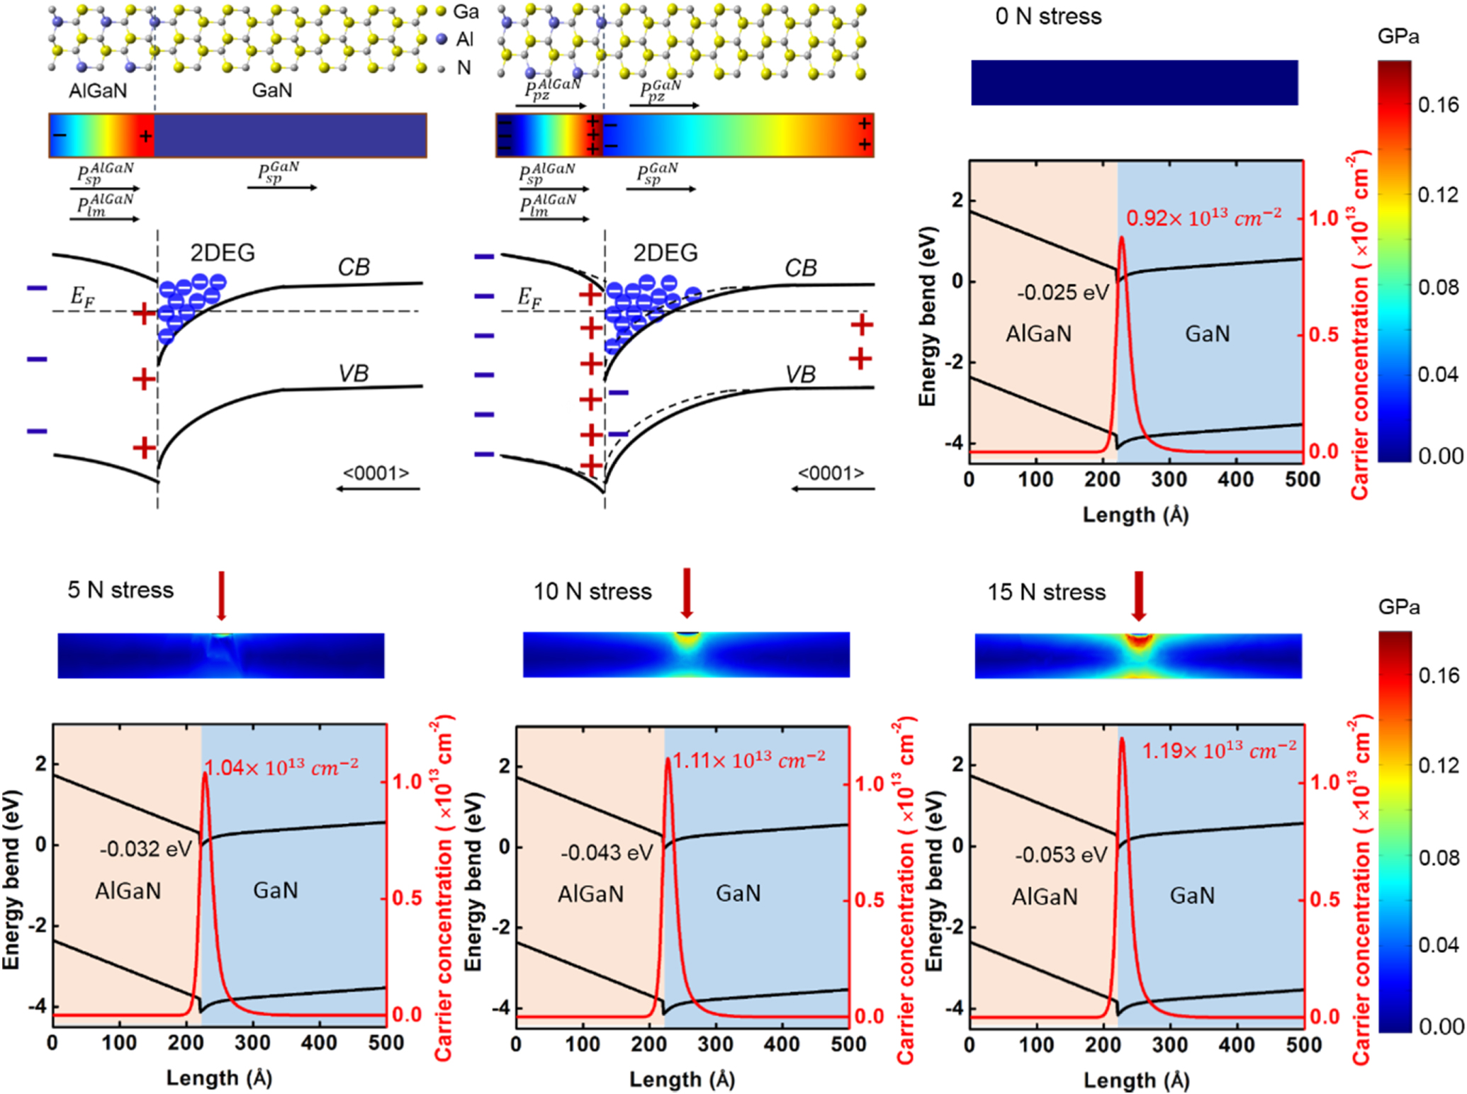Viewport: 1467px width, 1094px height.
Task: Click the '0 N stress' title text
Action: click(x=1048, y=16)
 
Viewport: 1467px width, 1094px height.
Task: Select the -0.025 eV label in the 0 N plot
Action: click(x=1062, y=293)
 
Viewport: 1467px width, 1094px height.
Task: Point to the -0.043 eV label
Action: click(x=607, y=852)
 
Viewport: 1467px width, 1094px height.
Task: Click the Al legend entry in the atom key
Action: click(x=456, y=40)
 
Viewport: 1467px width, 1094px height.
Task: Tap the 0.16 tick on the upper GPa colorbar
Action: click(x=1438, y=105)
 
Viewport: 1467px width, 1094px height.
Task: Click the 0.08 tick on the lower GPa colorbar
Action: click(x=1439, y=858)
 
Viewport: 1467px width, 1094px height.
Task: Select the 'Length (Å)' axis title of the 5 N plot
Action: click(x=219, y=1078)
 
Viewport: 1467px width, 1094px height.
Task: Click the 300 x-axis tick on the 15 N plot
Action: click(x=1169, y=1046)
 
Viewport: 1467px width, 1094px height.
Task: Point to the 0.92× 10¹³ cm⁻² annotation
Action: click(x=1203, y=218)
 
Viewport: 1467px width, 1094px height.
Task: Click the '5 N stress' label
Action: click(x=120, y=590)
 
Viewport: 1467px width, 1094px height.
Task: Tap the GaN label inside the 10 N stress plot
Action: click(x=738, y=893)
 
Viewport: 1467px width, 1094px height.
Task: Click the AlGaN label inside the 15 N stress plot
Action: click(x=1045, y=897)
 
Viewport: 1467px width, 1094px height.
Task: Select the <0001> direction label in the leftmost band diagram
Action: click(x=376, y=473)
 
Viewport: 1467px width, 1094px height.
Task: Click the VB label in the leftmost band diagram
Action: click(x=353, y=373)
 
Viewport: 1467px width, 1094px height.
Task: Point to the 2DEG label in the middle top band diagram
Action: click(x=665, y=253)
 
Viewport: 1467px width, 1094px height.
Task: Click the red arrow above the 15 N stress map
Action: click(x=1138, y=595)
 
